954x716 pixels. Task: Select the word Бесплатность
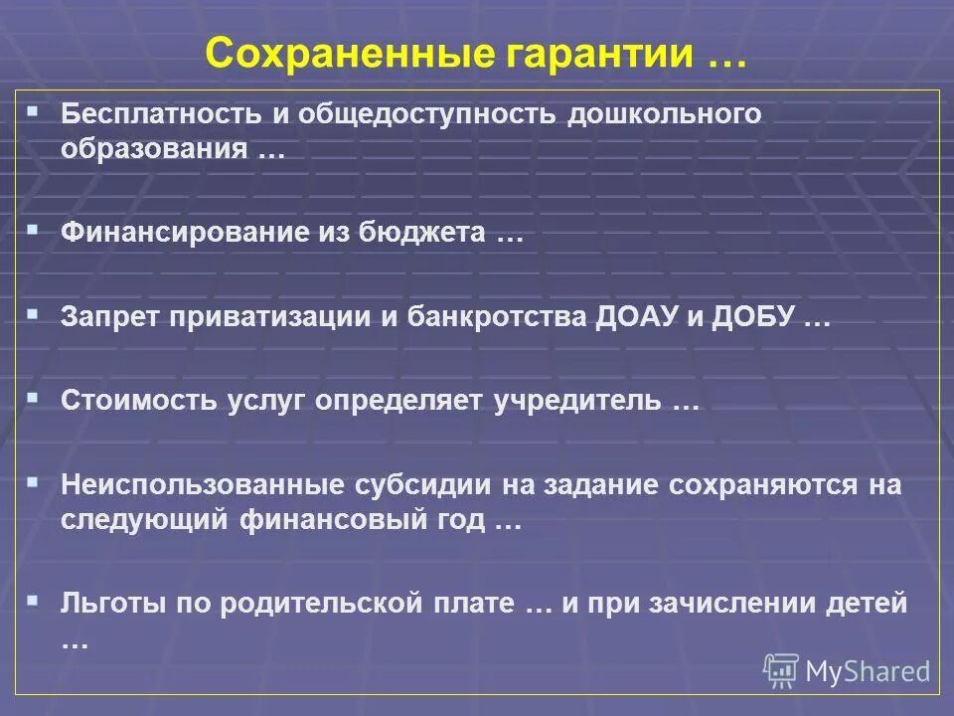point(160,114)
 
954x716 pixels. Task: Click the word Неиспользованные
point(200,485)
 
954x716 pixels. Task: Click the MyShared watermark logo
point(847,670)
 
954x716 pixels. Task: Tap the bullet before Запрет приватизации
point(34,313)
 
